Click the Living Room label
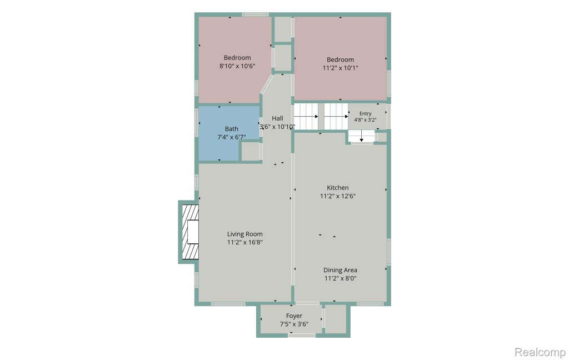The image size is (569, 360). pos(245,234)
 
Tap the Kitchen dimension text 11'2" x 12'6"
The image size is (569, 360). pos(338,196)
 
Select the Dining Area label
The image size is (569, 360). pos(340,270)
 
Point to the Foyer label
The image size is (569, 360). pos(294,316)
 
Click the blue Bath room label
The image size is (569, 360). pos(232,129)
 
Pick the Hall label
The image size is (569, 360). pos(277,118)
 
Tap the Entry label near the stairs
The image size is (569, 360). pos(366,113)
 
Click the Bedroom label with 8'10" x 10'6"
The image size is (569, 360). pos(237,58)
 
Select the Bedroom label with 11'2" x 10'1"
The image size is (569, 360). pos(341,59)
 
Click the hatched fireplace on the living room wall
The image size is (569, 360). pos(190,232)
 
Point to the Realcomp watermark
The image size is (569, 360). pos(540,352)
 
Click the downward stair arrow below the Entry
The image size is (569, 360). pos(361,137)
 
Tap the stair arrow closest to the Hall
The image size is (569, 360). pos(306,117)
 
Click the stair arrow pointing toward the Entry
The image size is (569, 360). pos(336,117)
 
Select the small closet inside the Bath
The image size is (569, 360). pos(251,151)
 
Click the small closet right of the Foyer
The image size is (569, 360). pos(336,319)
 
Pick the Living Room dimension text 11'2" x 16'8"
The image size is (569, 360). pos(245,242)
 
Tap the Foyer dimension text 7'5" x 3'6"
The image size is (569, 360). pos(294,324)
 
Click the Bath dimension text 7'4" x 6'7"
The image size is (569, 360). pos(232,137)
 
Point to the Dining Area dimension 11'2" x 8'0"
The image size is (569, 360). pos(341,278)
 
